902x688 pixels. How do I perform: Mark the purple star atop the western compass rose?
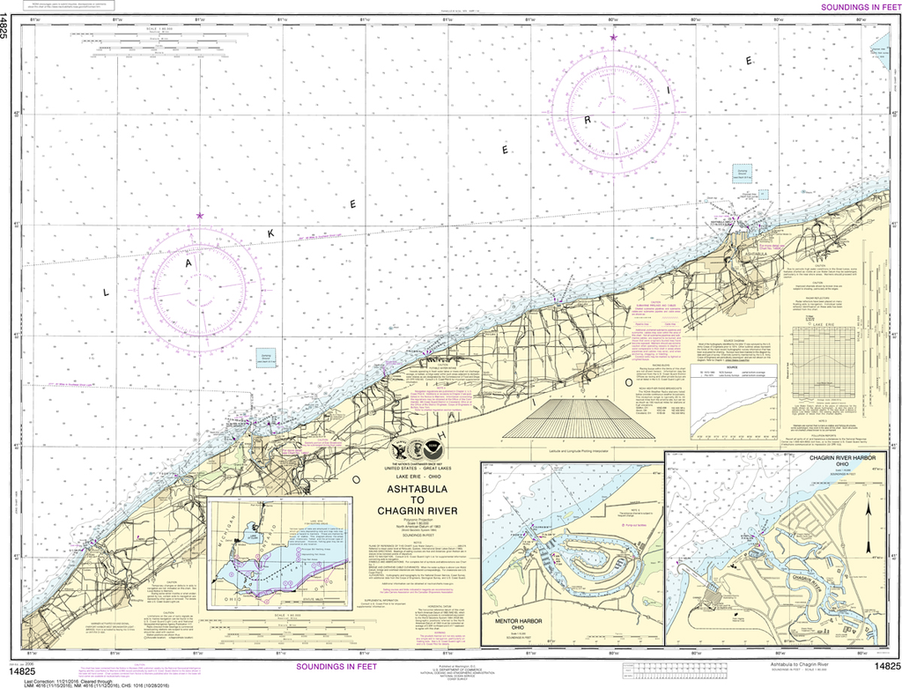pyautogui.click(x=200, y=215)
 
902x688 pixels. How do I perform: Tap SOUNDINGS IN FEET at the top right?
pyautogui.click(x=858, y=7)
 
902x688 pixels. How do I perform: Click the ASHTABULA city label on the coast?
pyautogui.click(x=755, y=253)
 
